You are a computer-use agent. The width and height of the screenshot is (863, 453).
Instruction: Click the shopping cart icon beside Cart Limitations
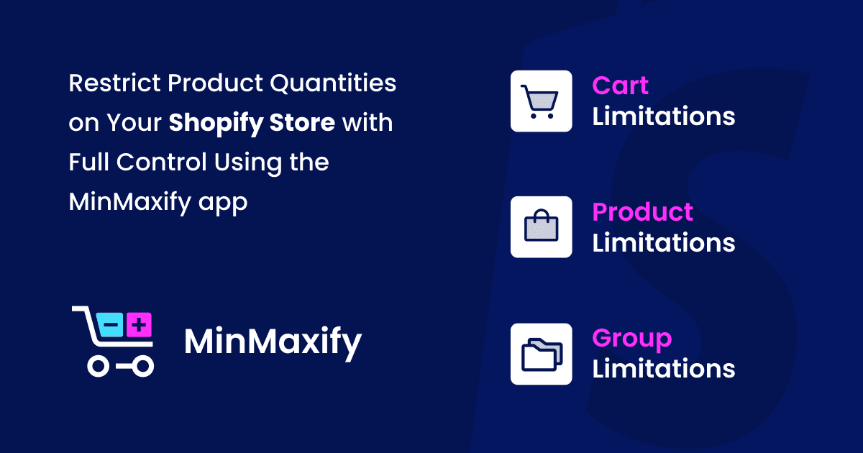click(x=541, y=101)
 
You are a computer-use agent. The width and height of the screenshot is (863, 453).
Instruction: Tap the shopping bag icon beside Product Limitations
click(x=541, y=227)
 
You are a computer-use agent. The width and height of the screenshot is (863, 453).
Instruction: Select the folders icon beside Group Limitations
click(x=541, y=354)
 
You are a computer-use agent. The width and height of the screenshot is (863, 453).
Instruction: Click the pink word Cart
click(x=620, y=86)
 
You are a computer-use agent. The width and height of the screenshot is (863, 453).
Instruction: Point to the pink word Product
click(x=642, y=212)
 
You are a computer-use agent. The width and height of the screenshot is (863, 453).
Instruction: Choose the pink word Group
click(x=631, y=339)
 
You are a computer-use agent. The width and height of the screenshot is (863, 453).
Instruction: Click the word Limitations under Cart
click(x=663, y=116)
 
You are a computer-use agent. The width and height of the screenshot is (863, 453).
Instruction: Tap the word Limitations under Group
click(x=663, y=370)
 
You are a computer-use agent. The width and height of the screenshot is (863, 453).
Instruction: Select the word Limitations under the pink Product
click(x=663, y=243)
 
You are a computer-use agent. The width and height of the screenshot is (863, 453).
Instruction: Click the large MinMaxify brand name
click(x=273, y=343)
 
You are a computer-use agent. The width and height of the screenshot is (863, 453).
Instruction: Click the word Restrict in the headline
click(x=114, y=83)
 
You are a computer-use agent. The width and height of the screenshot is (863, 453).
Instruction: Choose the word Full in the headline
click(x=89, y=163)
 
